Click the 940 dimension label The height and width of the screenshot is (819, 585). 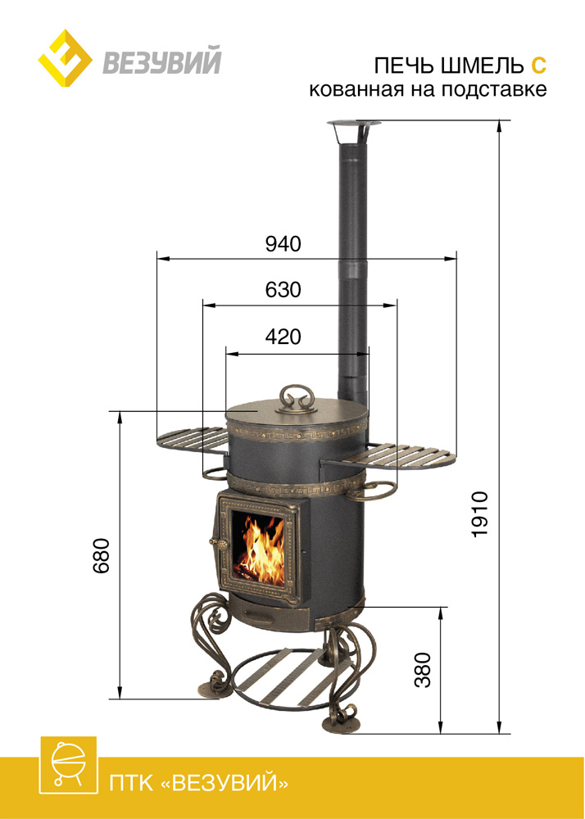coord(283,244)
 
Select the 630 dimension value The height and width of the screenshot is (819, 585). coord(283,290)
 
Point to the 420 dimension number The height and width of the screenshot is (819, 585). coord(283,337)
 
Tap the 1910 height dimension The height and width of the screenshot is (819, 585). coord(479,514)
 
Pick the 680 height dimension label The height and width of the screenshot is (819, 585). coord(102,555)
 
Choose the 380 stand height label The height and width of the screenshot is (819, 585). coord(424,670)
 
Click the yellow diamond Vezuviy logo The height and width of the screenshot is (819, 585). coord(66,58)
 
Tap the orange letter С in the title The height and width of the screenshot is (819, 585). coord(539,66)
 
